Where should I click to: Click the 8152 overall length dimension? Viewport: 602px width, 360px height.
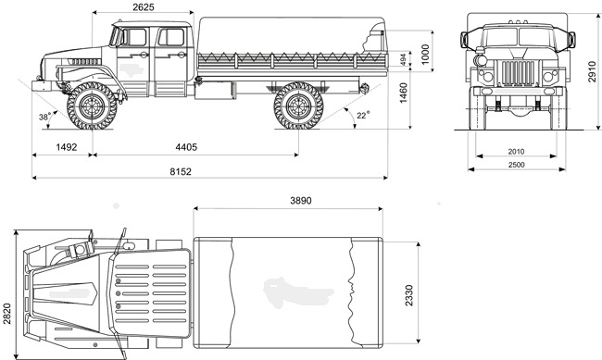(x=181, y=171)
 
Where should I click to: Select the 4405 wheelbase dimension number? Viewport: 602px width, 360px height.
(x=186, y=147)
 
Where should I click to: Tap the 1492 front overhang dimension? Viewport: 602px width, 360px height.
(x=67, y=147)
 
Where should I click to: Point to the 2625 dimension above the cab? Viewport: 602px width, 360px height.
(x=144, y=6)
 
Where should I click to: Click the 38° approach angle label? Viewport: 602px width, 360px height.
(x=45, y=117)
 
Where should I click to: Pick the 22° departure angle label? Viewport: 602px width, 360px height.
(x=363, y=115)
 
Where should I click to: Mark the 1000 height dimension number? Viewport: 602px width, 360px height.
(x=425, y=55)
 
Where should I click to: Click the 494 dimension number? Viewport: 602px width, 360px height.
(x=403, y=60)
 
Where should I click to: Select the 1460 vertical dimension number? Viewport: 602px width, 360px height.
(x=403, y=93)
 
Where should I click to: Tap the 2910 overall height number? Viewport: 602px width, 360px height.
(x=592, y=72)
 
